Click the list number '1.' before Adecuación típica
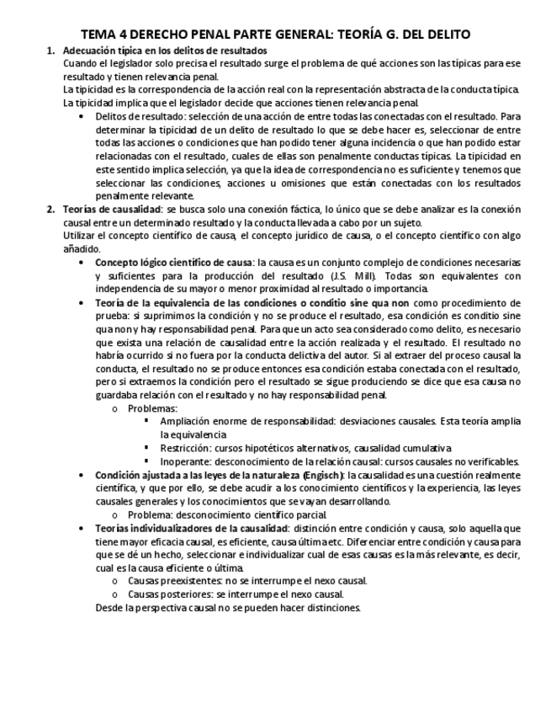tap(50, 51)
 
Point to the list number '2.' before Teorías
tap(50, 209)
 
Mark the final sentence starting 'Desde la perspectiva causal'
tap(227, 606)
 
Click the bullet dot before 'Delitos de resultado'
tap(81, 116)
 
